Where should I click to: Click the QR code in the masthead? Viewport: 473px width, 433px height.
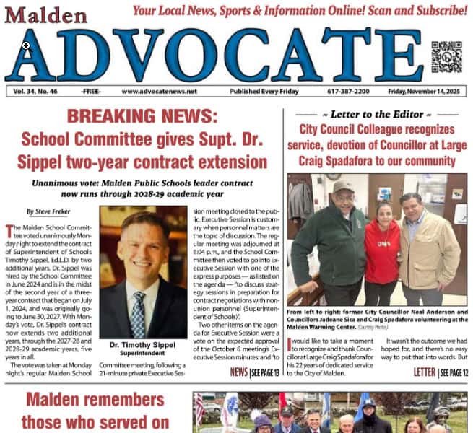pyautogui.click(x=446, y=56)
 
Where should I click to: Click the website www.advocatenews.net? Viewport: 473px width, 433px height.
pyautogui.click(x=159, y=92)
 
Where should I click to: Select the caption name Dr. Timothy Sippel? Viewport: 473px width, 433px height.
pyautogui.click(x=143, y=344)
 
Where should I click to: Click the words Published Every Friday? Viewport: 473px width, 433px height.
pyautogui.click(x=264, y=92)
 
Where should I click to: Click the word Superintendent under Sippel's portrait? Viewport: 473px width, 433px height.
pyautogui.click(x=143, y=354)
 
